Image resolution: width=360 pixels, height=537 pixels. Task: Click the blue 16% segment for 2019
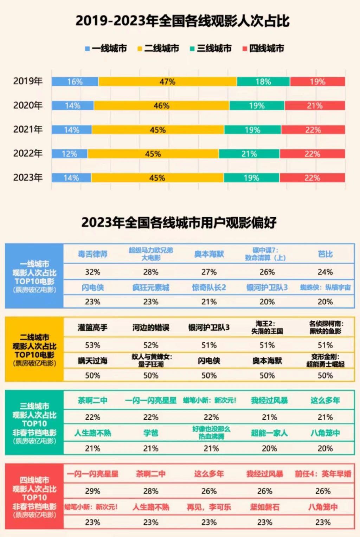[x=75, y=82]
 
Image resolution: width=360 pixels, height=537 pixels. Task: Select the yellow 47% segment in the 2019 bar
[x=167, y=82]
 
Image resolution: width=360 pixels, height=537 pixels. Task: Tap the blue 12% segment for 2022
[x=70, y=154]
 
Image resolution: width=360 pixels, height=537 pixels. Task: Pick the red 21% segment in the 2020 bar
[x=315, y=106]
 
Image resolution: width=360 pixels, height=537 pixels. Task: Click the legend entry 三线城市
[x=211, y=48]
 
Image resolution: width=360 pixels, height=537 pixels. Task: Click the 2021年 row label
[x=28, y=129]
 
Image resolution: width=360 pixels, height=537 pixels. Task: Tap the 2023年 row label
[x=28, y=177]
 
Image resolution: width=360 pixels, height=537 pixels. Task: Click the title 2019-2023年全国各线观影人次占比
[x=182, y=21]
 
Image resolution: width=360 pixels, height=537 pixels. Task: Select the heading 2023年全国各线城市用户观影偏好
[x=179, y=222]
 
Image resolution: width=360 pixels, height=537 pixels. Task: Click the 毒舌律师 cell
[x=93, y=254]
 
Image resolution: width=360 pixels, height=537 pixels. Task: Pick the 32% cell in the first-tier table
[x=93, y=272]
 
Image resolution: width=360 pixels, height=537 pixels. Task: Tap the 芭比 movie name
[x=325, y=254]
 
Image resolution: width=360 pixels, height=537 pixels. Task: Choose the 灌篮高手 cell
[x=93, y=328]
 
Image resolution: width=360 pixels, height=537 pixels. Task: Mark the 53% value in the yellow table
[x=93, y=345]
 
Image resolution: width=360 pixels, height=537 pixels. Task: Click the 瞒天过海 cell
[x=93, y=361]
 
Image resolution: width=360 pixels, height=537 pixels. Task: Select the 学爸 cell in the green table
[x=151, y=433]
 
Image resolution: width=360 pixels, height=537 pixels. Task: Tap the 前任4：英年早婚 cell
[x=323, y=474]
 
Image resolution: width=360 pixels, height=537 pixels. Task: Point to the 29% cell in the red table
[x=93, y=491]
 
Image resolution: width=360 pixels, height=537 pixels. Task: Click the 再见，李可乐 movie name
[x=209, y=507]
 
